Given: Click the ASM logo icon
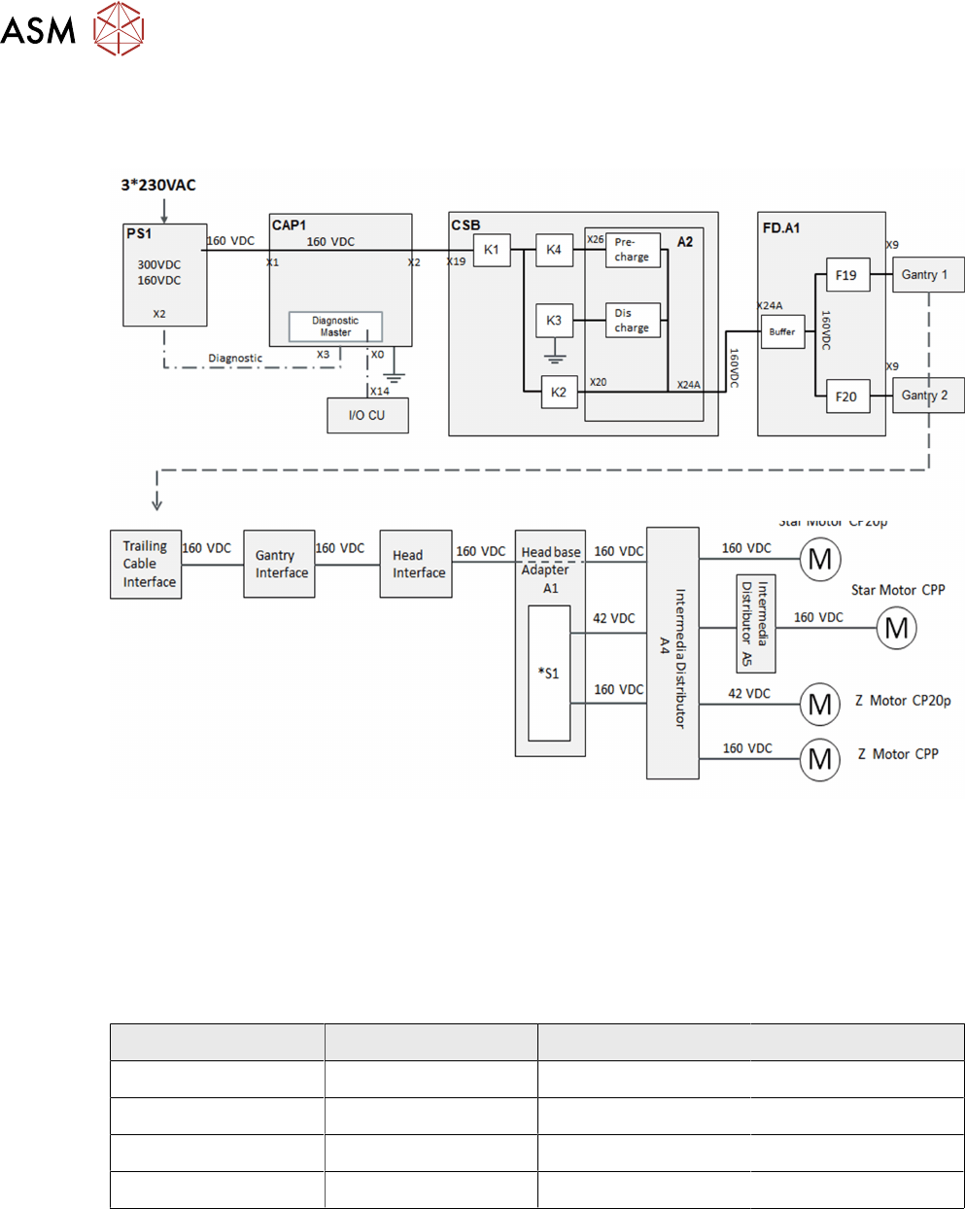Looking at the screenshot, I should coord(119,29).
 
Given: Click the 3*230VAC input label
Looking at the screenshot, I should coord(158,185).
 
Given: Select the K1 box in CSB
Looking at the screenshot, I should coord(492,250).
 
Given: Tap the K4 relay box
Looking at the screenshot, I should coord(553,250).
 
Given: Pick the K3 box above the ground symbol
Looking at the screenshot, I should coord(553,320).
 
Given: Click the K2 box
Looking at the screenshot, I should coord(558,392).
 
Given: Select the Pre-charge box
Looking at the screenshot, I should coord(632,250).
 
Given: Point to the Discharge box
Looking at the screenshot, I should coord(632,320).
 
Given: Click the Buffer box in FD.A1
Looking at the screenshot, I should coord(782,331).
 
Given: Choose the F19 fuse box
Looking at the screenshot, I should coord(846,275).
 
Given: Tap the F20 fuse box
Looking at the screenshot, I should coord(846,396).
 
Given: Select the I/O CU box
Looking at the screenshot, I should coord(367,415).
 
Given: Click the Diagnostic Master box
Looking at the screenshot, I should coord(335,327).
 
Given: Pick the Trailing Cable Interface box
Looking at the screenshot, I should coord(146,565).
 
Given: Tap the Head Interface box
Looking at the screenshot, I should coord(416,565).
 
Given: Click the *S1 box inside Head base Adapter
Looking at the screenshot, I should coord(549,674).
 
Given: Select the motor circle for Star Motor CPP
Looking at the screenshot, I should coord(896,628).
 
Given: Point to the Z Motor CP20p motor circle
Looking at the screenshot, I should coord(819,704).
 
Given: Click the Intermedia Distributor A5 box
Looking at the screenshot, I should coord(755,623).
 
